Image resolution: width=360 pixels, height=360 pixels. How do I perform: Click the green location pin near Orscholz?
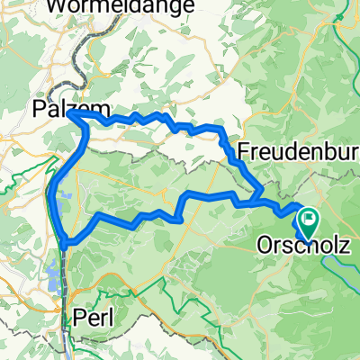click(309, 218)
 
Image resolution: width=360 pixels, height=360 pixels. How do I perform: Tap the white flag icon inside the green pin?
click(309, 216)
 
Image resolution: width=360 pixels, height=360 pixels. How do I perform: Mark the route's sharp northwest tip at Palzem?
click(68, 113)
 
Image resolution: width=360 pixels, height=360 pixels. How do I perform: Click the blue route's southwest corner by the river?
click(67, 240)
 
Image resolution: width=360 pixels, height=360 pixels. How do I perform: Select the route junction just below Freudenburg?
click(259, 195)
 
